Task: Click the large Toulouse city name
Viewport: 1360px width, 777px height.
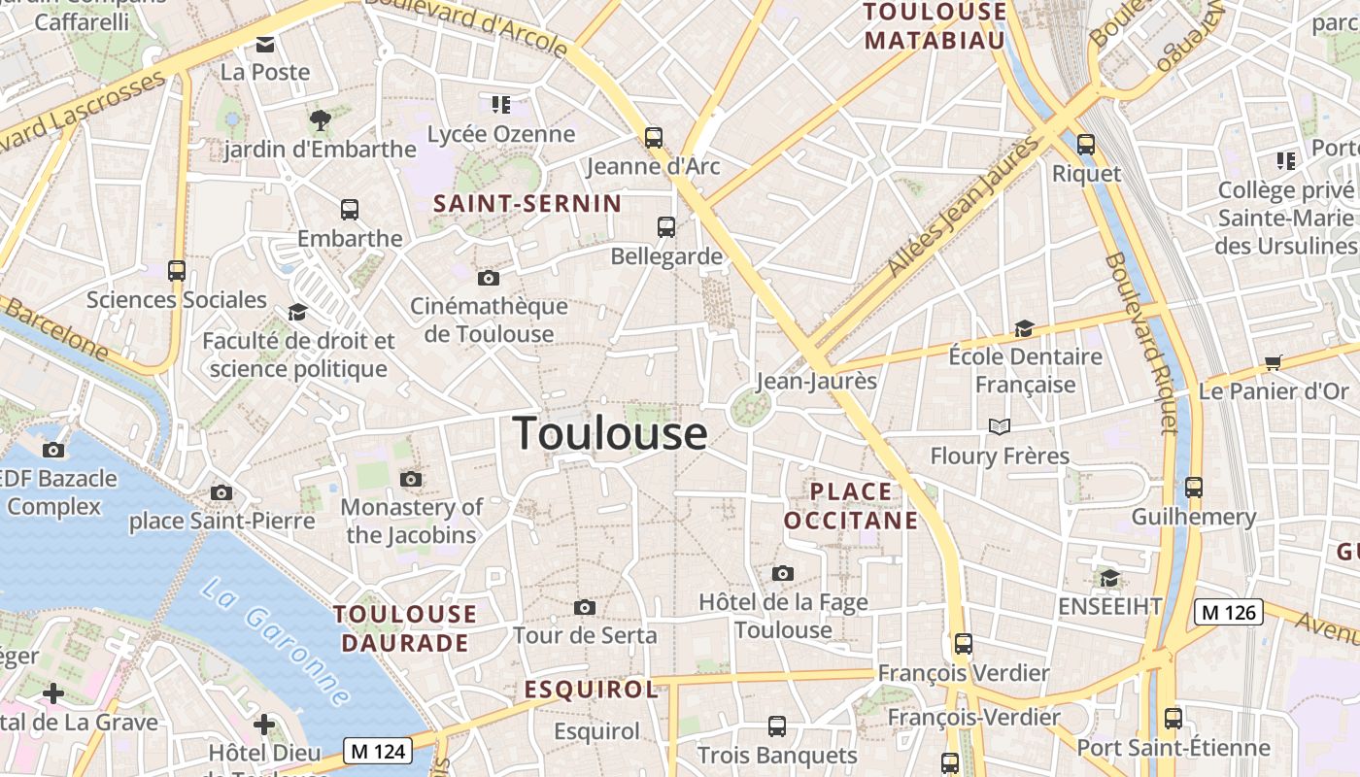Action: pyautogui.click(x=610, y=433)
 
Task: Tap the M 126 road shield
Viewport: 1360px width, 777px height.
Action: pyautogui.click(x=1229, y=612)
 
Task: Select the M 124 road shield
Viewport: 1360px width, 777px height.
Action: pyautogui.click(x=378, y=751)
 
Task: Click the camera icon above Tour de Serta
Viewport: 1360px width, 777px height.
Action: pyautogui.click(x=584, y=608)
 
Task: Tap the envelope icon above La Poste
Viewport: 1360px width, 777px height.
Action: pyautogui.click(x=264, y=44)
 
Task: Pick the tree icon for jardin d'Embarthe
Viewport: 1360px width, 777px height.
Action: pyautogui.click(x=320, y=120)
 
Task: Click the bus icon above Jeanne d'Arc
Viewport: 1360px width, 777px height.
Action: pyautogui.click(x=654, y=138)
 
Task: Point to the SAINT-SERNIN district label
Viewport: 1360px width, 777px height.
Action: pyautogui.click(x=527, y=204)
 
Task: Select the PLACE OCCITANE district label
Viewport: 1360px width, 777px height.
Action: pyautogui.click(x=851, y=506)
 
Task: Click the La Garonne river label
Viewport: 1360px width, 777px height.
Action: pyautogui.click(x=278, y=643)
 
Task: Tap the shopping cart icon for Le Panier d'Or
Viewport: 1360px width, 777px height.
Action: pyautogui.click(x=1274, y=363)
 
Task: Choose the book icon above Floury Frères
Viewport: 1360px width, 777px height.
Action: pyautogui.click(x=999, y=426)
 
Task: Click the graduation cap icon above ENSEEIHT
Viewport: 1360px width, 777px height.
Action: pyautogui.click(x=1109, y=579)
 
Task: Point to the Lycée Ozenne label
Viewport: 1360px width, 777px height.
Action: pyautogui.click(x=501, y=134)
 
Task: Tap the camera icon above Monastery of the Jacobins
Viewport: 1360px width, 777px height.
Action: pyautogui.click(x=411, y=479)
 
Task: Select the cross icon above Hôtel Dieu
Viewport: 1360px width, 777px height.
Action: pyautogui.click(x=264, y=725)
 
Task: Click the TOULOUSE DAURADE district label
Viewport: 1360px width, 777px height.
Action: pyautogui.click(x=405, y=628)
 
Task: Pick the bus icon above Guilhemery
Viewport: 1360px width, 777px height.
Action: pyautogui.click(x=1194, y=488)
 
